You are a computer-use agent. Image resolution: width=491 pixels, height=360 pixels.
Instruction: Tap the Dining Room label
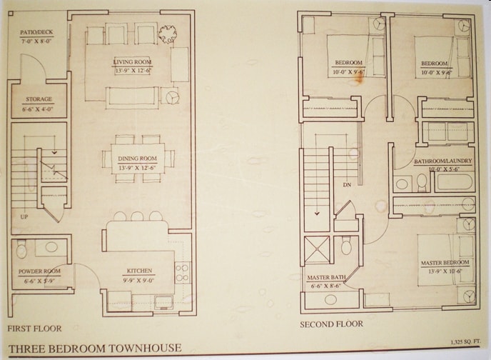(136, 158)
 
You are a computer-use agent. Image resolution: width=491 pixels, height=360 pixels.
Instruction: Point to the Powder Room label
(39, 272)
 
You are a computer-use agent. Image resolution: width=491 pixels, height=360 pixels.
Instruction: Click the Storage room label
(39, 100)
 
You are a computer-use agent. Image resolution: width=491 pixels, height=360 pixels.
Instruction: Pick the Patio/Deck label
(38, 33)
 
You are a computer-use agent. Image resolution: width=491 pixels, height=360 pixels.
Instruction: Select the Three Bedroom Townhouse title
(96, 348)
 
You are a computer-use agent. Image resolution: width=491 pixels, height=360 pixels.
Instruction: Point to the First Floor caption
(34, 329)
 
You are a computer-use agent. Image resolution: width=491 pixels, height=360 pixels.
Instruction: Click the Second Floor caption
(331, 324)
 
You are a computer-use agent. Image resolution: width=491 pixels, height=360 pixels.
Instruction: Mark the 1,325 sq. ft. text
(466, 342)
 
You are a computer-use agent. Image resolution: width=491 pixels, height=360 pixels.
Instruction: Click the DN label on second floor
(347, 185)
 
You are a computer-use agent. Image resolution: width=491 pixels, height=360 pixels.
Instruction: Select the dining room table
(136, 159)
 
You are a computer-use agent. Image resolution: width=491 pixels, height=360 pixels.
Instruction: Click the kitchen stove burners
(183, 271)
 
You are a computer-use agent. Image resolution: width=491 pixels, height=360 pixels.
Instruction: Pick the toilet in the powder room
(22, 249)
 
